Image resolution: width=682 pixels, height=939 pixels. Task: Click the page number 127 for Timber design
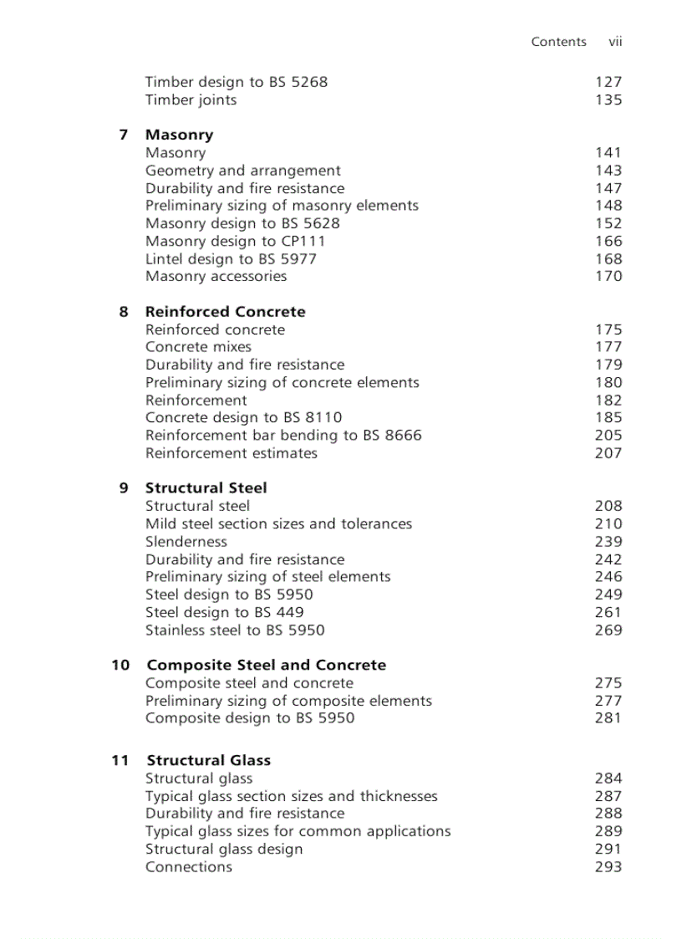608,82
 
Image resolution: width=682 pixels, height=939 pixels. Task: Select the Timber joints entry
191,100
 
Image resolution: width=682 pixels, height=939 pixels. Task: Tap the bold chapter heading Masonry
179,135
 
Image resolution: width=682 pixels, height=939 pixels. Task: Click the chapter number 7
124,135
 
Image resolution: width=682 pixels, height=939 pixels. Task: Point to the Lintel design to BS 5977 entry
231,258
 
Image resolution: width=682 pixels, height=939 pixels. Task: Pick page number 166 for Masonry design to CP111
608,241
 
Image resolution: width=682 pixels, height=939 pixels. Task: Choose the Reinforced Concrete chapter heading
225,312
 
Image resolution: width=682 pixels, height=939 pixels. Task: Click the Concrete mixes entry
198,347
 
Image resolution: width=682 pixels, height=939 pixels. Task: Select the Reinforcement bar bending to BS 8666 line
283,436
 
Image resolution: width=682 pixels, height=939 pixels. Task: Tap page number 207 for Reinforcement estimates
608,453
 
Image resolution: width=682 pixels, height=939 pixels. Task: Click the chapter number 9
124,488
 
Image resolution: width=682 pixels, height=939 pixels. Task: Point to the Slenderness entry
186,542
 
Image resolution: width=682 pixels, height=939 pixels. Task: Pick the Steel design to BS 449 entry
224,612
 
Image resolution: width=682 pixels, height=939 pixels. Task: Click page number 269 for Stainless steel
608,630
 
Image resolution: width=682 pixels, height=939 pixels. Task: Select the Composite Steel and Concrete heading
266,666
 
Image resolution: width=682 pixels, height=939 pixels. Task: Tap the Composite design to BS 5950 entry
249,718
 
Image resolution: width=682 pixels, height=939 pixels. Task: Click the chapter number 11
120,761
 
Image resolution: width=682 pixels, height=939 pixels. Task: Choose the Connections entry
188,867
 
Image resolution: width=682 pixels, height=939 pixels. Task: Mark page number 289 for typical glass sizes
608,831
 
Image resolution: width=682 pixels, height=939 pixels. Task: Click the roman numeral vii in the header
615,42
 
